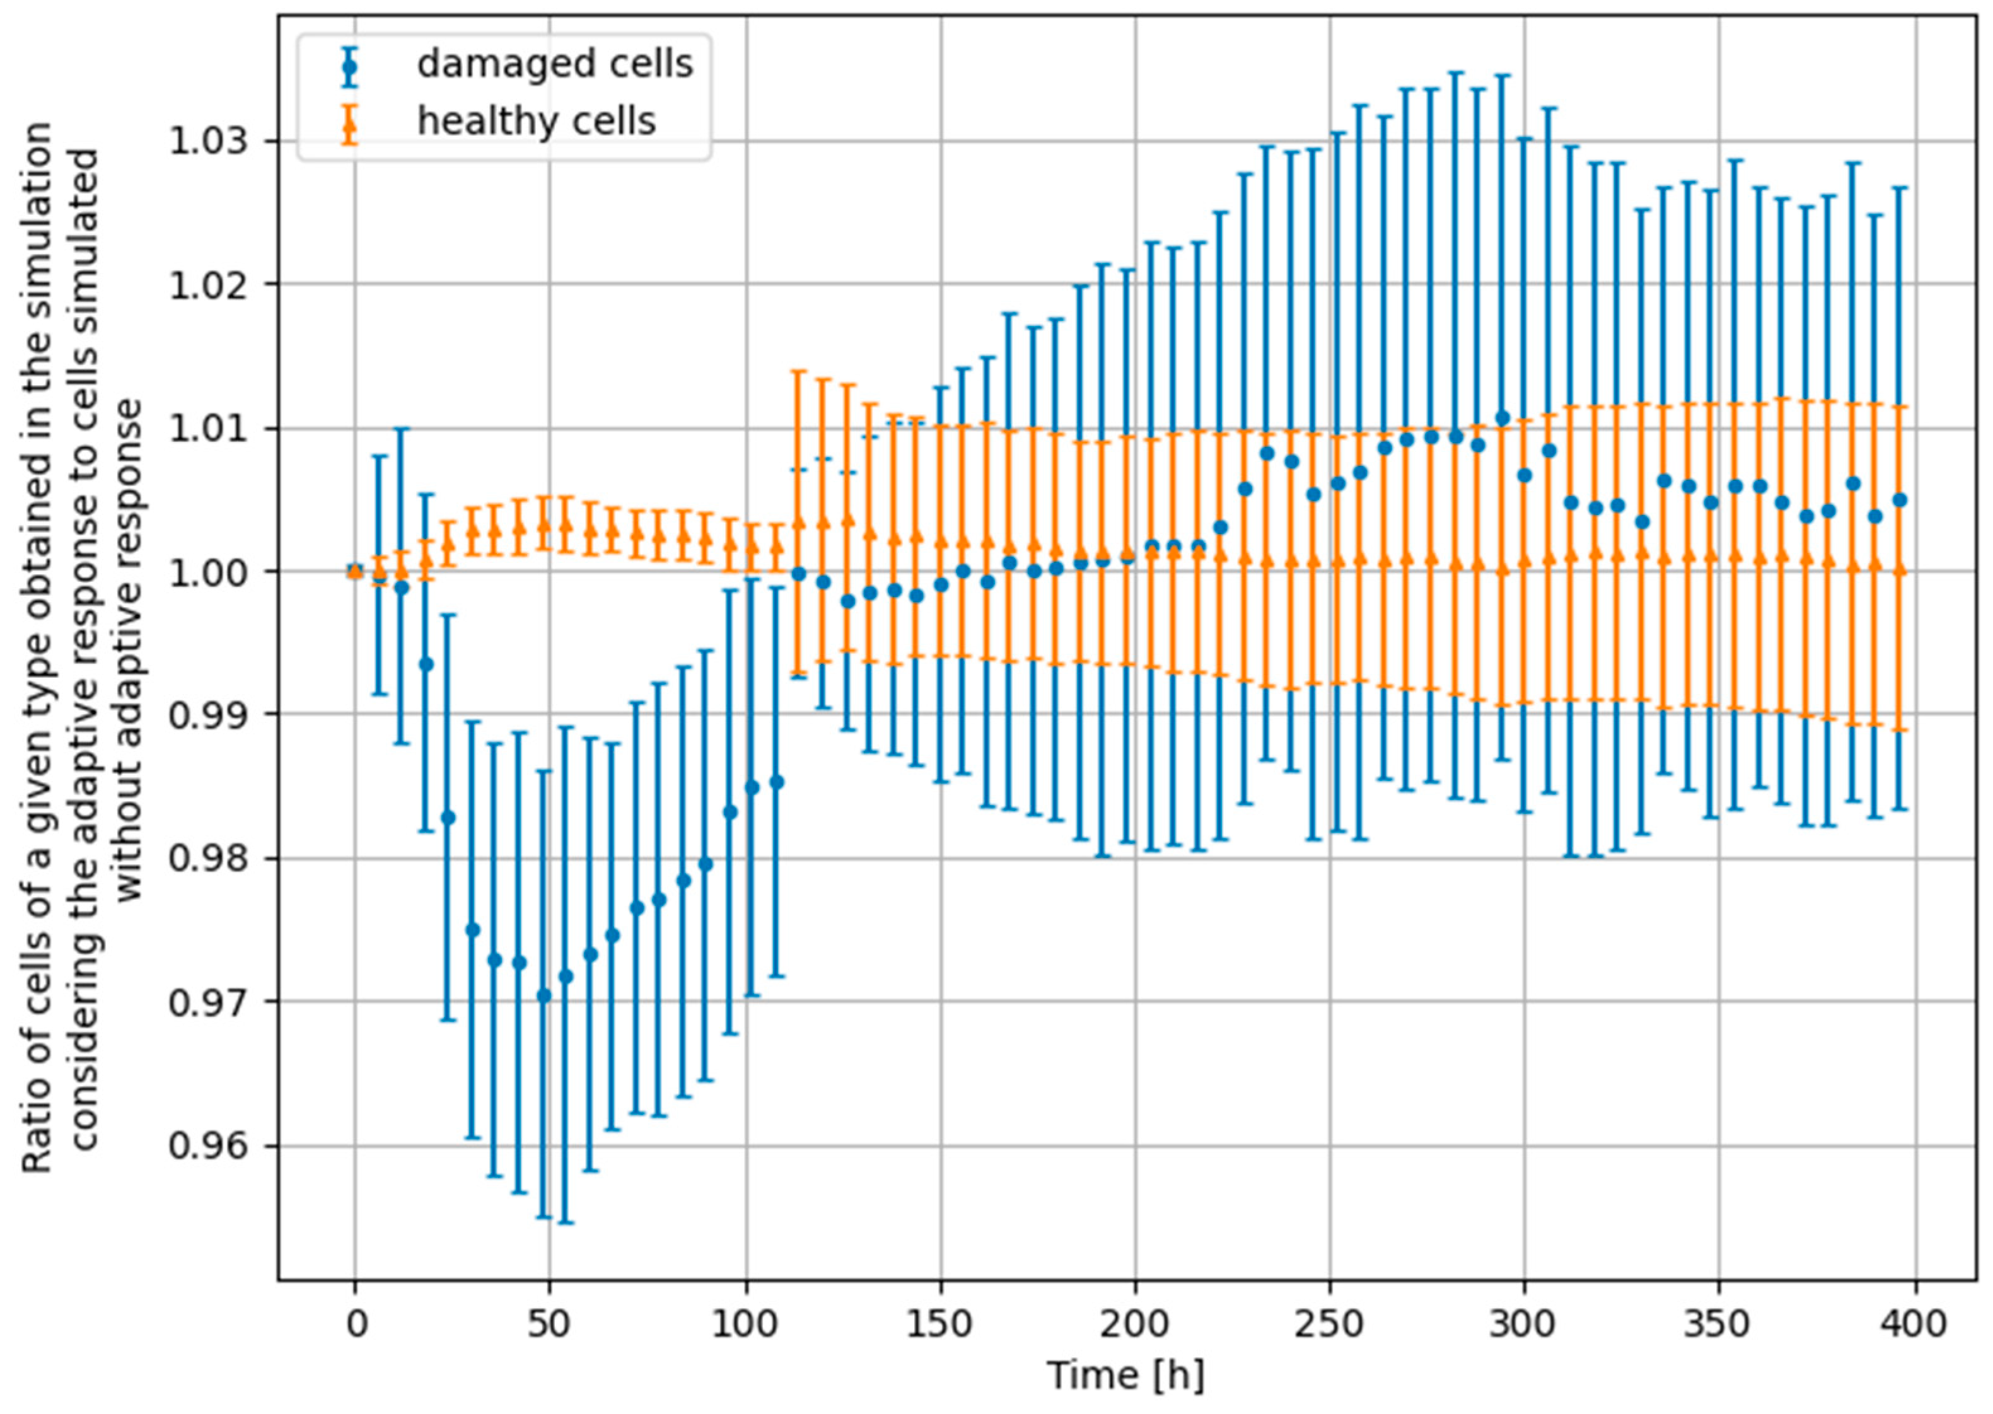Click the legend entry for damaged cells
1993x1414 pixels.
pyautogui.click(x=554, y=64)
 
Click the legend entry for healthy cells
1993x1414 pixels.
pyautogui.click(x=535, y=121)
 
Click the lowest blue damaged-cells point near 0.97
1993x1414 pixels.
pyautogui.click(x=544, y=995)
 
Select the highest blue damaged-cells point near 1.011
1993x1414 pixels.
pyautogui.click(x=1502, y=418)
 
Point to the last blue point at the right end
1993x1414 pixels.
pyautogui.click(x=1900, y=500)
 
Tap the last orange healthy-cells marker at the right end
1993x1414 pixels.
pyautogui.click(x=1900, y=571)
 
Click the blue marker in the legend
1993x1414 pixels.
pyautogui.click(x=350, y=66)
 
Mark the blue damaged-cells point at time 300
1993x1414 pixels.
pyautogui.click(x=1525, y=475)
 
